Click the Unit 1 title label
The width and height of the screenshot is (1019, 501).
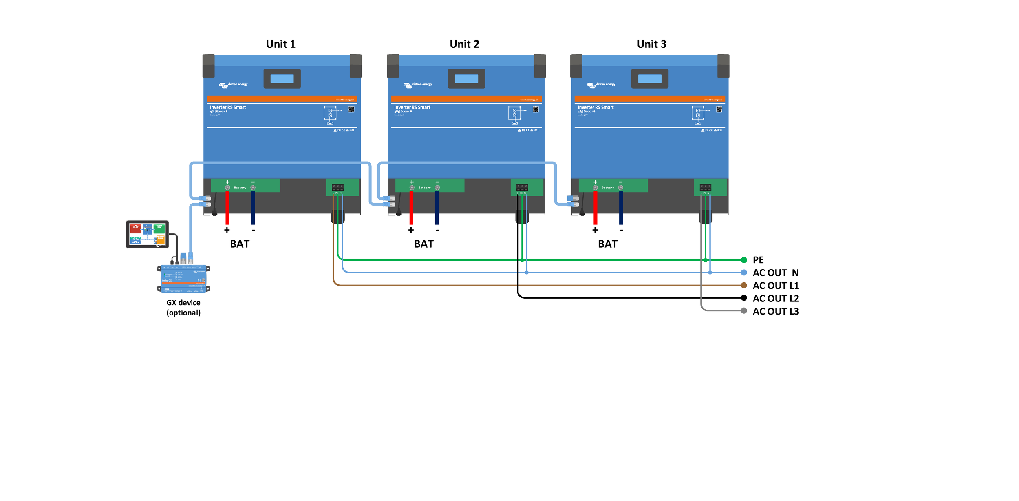click(280, 44)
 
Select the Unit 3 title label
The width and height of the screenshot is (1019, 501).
click(651, 44)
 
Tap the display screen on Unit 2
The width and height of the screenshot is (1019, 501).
click(466, 79)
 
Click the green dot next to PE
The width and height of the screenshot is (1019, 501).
click(744, 260)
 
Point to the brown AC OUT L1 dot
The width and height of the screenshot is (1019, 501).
click(744, 285)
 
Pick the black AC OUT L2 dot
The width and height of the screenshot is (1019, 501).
click(744, 298)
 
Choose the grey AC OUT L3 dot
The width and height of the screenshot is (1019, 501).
click(744, 311)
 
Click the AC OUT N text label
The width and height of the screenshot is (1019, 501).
click(775, 273)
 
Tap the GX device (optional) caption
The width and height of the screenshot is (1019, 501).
click(183, 308)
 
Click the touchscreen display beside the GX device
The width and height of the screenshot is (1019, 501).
click(147, 234)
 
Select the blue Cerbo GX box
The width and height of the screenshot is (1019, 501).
click(183, 278)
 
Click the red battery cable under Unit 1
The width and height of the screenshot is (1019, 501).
click(227, 208)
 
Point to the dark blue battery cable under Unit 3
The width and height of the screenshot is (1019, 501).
click(621, 208)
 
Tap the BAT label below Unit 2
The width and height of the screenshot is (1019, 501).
click(424, 244)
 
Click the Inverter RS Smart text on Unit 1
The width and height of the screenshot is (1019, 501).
click(228, 107)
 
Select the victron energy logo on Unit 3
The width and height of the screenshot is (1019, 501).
click(601, 85)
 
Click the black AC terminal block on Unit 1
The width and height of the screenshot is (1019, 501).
click(337, 187)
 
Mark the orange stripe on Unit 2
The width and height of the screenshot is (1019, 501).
click(466, 99)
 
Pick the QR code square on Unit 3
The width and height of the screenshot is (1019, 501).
click(719, 109)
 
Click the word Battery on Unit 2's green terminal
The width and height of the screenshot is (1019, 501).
click(424, 188)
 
